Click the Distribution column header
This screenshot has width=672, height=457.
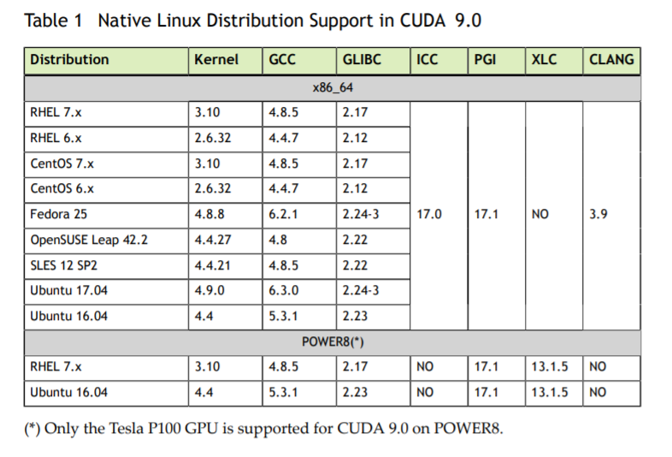coord(69,60)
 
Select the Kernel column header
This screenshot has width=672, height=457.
coord(215,60)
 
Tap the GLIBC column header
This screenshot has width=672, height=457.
coord(362,60)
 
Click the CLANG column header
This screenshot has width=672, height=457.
coord(611,60)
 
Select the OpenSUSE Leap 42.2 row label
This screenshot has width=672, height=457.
coord(89,240)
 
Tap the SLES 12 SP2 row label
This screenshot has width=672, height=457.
coord(66,265)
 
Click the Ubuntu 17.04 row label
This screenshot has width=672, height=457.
coord(69,291)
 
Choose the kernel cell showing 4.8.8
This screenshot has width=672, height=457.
coord(209,215)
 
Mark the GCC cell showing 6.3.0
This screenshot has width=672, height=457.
coord(283,291)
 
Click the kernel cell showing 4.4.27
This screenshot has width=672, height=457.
coord(212,240)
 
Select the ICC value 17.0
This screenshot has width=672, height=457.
coord(429,215)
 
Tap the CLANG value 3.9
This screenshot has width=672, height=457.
coord(598,215)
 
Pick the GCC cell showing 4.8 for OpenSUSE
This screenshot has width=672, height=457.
coord(277,240)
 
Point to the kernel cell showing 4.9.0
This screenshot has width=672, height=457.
coord(209,291)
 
